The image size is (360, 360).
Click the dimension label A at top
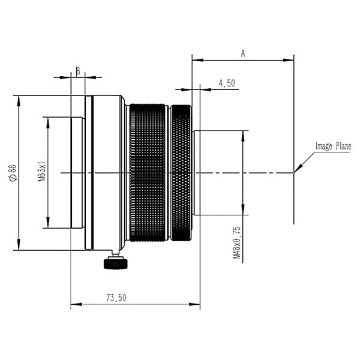243,53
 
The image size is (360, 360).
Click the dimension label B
77,71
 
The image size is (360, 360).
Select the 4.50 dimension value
227,83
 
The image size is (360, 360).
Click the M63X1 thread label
41,173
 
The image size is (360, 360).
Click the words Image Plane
333,146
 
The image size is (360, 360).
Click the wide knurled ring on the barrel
148,172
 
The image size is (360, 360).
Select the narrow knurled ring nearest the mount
181,172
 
